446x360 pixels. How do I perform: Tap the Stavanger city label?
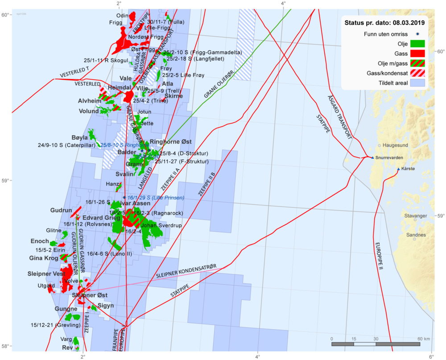pyautogui.click(x=415, y=216)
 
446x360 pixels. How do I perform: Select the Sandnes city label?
pyautogui.click(x=416, y=235)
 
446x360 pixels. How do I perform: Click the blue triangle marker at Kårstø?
pyautogui.click(x=398, y=169)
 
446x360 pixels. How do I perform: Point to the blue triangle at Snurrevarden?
pyautogui.click(x=373, y=157)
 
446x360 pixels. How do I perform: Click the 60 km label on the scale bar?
pyautogui.click(x=424, y=339)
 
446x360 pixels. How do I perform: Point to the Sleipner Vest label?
pyautogui.click(x=46, y=273)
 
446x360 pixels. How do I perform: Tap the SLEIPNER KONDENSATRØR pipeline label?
pyautogui.click(x=186, y=272)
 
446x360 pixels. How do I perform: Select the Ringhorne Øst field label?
pyautogui.click(x=171, y=142)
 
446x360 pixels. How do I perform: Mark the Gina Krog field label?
pyautogui.click(x=43, y=258)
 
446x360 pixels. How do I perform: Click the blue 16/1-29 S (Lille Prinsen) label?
pyautogui.click(x=156, y=197)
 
